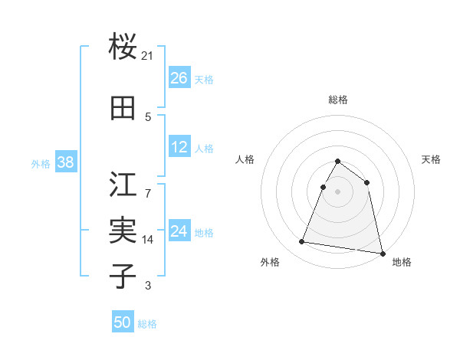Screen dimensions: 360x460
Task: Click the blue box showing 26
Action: [x=179, y=77]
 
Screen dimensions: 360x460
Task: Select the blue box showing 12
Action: [x=179, y=147]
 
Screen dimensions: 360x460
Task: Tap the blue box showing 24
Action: [x=179, y=231]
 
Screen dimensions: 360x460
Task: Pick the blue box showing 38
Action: [x=65, y=162]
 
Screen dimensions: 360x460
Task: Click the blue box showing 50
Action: [x=123, y=322]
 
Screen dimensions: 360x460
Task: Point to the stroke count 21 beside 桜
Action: [x=148, y=56]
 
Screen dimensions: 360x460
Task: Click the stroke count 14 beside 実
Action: [x=148, y=240]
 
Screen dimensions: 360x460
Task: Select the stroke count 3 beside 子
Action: [x=148, y=286]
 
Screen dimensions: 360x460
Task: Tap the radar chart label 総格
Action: [x=337, y=100]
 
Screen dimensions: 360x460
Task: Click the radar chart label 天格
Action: [x=431, y=159]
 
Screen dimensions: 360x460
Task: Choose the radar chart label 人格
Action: [x=245, y=159]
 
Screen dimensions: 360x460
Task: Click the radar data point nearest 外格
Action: [x=302, y=242]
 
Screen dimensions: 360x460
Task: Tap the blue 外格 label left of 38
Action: [x=41, y=163]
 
